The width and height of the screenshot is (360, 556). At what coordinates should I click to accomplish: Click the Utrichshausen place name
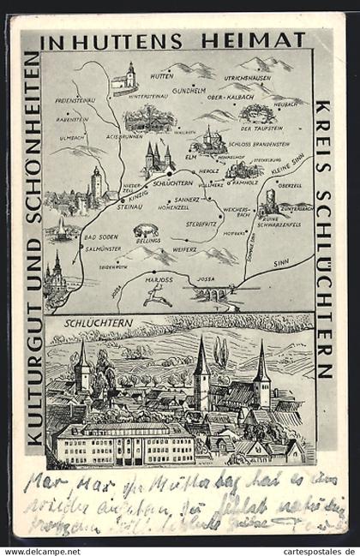click(247, 78)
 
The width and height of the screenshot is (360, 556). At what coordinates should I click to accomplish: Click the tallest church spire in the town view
click(201, 360)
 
